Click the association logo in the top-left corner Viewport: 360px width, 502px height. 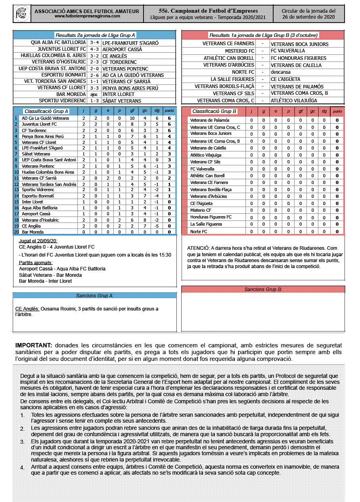pyautogui.click(x=22, y=14)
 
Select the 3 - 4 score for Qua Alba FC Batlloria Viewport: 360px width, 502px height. pyautogui.click(x=94, y=42)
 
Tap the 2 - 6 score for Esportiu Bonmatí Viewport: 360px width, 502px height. pyautogui.click(x=94, y=75)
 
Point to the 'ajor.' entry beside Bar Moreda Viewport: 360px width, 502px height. pyautogui.click(x=94, y=94)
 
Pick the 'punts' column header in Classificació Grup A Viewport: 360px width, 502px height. pyautogui.click(x=169, y=111)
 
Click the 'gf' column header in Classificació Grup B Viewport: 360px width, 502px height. pyautogui.click(x=301, y=111)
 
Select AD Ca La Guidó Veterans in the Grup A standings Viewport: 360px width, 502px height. pyautogui.click(x=45, y=118)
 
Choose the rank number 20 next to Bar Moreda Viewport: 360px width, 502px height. pyautogui.click(x=16, y=232)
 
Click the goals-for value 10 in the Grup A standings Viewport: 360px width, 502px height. pyautogui.click(x=132, y=118)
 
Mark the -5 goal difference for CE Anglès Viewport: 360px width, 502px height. pyautogui.click(x=157, y=226)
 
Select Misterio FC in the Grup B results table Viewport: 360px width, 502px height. pyautogui.click(x=240, y=51)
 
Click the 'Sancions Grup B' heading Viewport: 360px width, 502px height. pyautogui.click(x=263, y=289)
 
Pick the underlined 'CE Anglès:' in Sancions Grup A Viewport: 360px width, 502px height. pyautogui.click(x=27, y=308)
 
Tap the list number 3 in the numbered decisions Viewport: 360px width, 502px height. pyautogui.click(x=22, y=442)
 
